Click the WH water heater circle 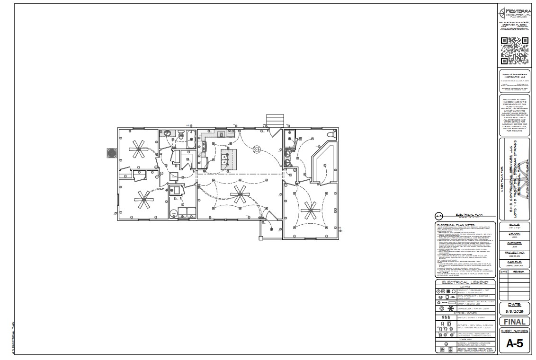173,213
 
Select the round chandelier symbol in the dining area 257,149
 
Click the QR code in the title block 514,50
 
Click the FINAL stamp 514,322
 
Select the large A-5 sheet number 514,344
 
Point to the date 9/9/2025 514,311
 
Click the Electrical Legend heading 465,282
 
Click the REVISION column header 518,272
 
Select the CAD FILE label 514,260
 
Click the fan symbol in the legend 452,308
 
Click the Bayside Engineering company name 514,75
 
